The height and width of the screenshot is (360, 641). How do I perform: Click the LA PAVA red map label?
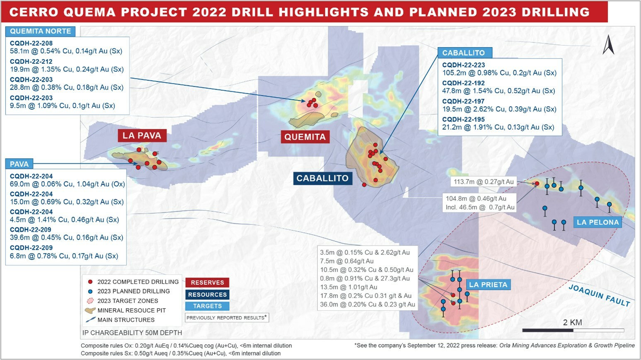pos(142,135)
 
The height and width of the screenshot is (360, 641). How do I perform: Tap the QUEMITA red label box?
pos(305,137)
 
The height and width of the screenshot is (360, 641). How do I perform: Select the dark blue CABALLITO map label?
pos(322,178)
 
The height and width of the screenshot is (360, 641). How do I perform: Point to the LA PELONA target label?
pos(597,222)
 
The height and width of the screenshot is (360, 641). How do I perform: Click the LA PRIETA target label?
pos(488,285)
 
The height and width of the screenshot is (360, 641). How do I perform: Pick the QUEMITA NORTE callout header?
pos(41,31)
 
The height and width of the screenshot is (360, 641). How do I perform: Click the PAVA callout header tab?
pos(19,164)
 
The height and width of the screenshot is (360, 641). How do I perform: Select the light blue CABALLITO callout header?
pos(463,53)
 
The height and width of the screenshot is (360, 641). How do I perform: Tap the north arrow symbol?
pos(608,45)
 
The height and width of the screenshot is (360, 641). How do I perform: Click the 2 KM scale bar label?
pos(572,322)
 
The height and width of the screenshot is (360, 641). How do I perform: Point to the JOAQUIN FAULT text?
pos(599,295)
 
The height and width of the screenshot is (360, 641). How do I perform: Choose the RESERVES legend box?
pos(207,283)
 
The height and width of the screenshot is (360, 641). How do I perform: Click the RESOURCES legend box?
pos(207,295)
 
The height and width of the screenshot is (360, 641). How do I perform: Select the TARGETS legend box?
pos(207,306)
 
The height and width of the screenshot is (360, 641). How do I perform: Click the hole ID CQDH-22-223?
pos(463,65)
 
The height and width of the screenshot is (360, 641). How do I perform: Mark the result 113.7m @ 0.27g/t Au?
pos(484,182)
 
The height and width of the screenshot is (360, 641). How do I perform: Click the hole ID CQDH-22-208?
pos(31,43)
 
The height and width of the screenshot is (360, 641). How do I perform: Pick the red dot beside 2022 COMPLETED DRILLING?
pos(90,282)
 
